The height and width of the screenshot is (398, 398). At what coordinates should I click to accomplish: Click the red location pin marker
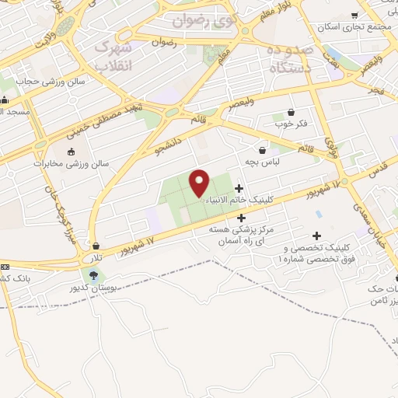click(200, 182)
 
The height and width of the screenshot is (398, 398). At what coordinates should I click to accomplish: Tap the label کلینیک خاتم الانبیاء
click(236, 201)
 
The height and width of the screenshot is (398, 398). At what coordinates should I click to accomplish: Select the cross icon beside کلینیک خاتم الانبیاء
click(238, 188)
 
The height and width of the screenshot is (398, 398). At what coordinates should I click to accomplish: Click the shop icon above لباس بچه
click(263, 150)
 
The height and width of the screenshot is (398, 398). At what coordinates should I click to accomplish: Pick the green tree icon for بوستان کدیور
click(94, 275)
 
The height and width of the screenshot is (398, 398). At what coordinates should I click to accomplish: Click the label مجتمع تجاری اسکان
click(350, 27)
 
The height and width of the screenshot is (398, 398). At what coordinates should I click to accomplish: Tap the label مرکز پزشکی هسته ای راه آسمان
click(237, 236)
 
